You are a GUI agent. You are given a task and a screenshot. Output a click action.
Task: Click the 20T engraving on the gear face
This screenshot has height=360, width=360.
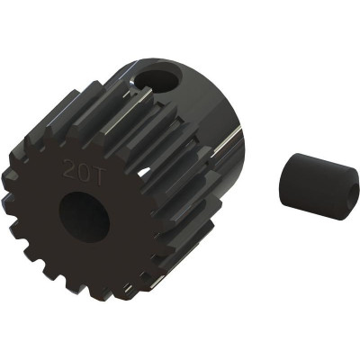81,170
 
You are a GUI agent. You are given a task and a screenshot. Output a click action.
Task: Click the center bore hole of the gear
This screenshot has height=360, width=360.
85,213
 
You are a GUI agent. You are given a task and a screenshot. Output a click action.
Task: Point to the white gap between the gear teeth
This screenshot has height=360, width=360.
145,172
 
